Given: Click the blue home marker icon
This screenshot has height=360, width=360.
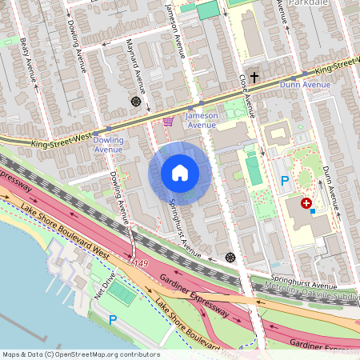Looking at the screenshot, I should pyautogui.click(x=180, y=173).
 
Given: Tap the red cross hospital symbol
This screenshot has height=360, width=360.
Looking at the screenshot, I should pyautogui.click(x=306, y=204).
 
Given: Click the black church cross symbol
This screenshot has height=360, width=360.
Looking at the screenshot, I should pyautogui.click(x=255, y=78).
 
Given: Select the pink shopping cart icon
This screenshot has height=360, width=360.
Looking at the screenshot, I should pyautogui.click(x=168, y=122).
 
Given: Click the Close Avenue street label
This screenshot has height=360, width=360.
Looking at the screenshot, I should pyautogui.click(x=246, y=91).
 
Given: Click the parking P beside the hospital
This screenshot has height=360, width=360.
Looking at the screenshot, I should pyautogui.click(x=284, y=181).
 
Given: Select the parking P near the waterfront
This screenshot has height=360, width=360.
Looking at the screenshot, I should pyautogui.click(x=113, y=319).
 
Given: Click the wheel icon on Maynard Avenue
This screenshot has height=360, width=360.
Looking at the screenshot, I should pyautogui.click(x=134, y=102).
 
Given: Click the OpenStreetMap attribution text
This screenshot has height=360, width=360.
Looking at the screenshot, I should pyautogui.click(x=81, y=354).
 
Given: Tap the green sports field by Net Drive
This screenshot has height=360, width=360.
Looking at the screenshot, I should pyautogui.click(x=122, y=293).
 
